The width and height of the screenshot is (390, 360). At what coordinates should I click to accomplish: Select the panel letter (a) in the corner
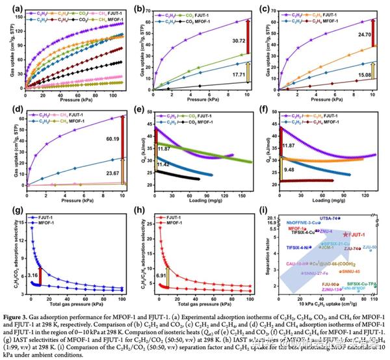[9, 8]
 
